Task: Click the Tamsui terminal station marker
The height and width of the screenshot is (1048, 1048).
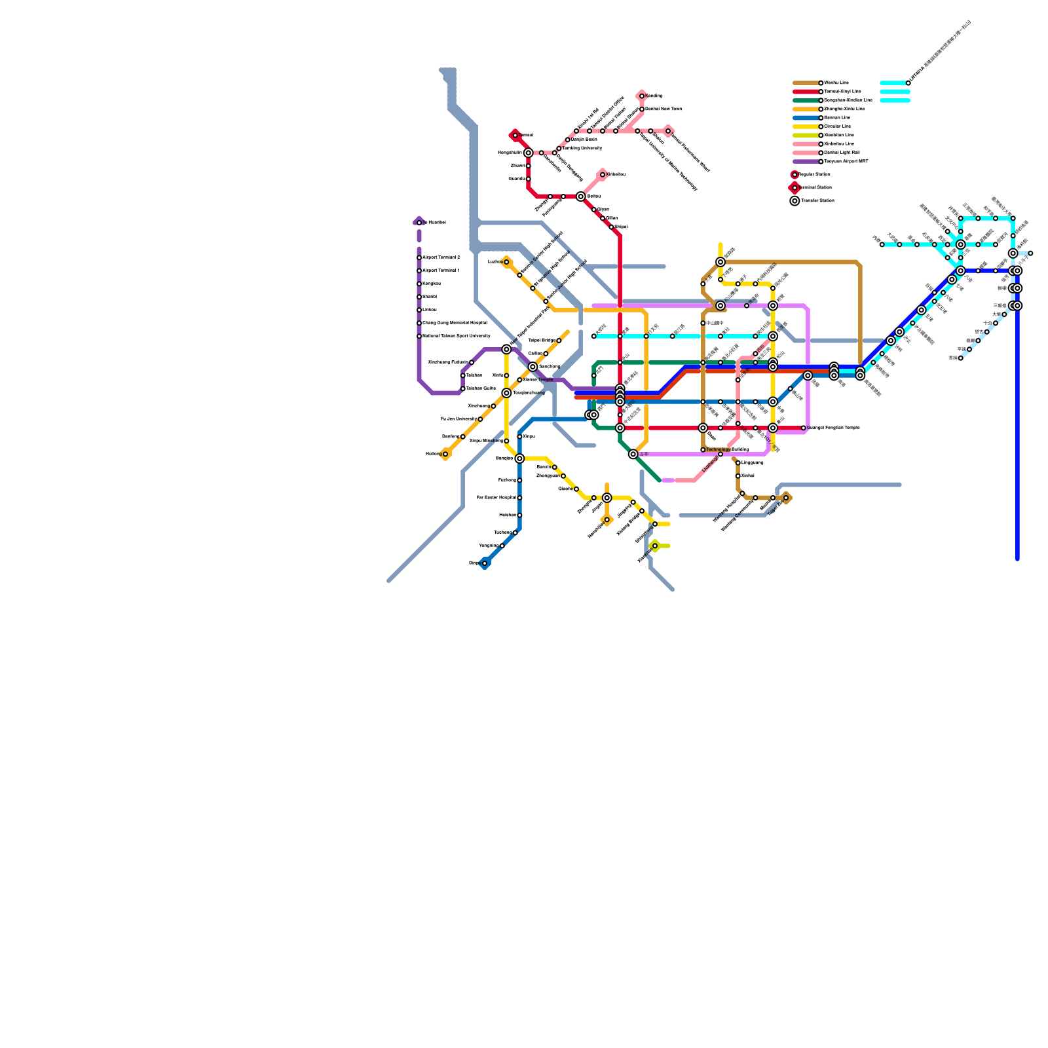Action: tap(515, 136)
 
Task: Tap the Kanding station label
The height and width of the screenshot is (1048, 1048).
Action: tap(654, 96)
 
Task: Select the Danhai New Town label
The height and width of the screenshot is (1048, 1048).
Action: tap(664, 109)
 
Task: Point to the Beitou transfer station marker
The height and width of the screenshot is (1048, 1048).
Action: tap(581, 196)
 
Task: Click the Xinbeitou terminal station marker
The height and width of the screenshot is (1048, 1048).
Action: tap(603, 174)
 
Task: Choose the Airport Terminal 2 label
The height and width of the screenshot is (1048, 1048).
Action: tap(441, 257)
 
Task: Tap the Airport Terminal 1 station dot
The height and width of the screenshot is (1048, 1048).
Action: tap(419, 271)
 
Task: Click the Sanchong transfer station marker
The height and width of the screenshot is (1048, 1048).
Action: tap(533, 367)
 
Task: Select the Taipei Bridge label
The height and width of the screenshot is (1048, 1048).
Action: tap(541, 341)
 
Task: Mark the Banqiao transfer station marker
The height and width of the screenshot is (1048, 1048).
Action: tap(519, 458)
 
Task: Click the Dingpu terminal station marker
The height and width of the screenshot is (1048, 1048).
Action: tap(485, 563)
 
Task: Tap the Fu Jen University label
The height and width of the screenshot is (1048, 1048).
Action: tap(458, 419)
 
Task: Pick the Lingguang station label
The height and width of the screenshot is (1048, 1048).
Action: tap(752, 463)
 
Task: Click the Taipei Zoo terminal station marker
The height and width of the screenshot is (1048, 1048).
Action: tap(786, 498)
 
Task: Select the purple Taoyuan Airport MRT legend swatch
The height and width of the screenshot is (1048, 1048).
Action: tap(806, 162)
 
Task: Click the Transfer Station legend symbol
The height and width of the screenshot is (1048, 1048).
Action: tap(795, 201)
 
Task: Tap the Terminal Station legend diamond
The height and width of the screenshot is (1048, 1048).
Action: tap(795, 188)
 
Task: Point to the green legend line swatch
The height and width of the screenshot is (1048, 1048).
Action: tap(806, 100)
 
